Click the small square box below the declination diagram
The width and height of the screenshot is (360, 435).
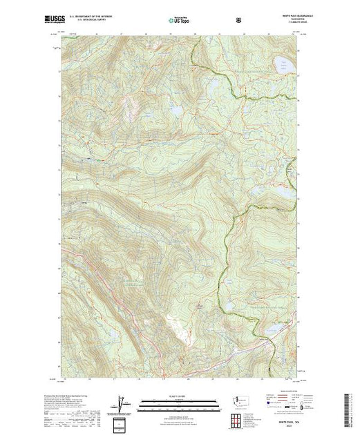point(122,423)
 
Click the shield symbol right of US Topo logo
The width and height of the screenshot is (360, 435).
point(239,21)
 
